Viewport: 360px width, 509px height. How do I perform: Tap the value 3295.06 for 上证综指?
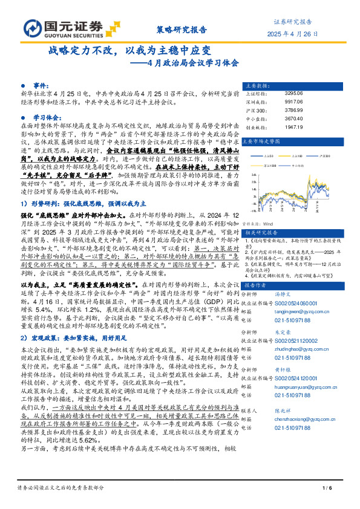click(294, 93)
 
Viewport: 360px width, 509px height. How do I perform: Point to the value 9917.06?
click(294, 102)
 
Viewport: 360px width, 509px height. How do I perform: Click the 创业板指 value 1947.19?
click(294, 128)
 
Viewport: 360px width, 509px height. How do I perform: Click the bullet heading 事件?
click(39, 86)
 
